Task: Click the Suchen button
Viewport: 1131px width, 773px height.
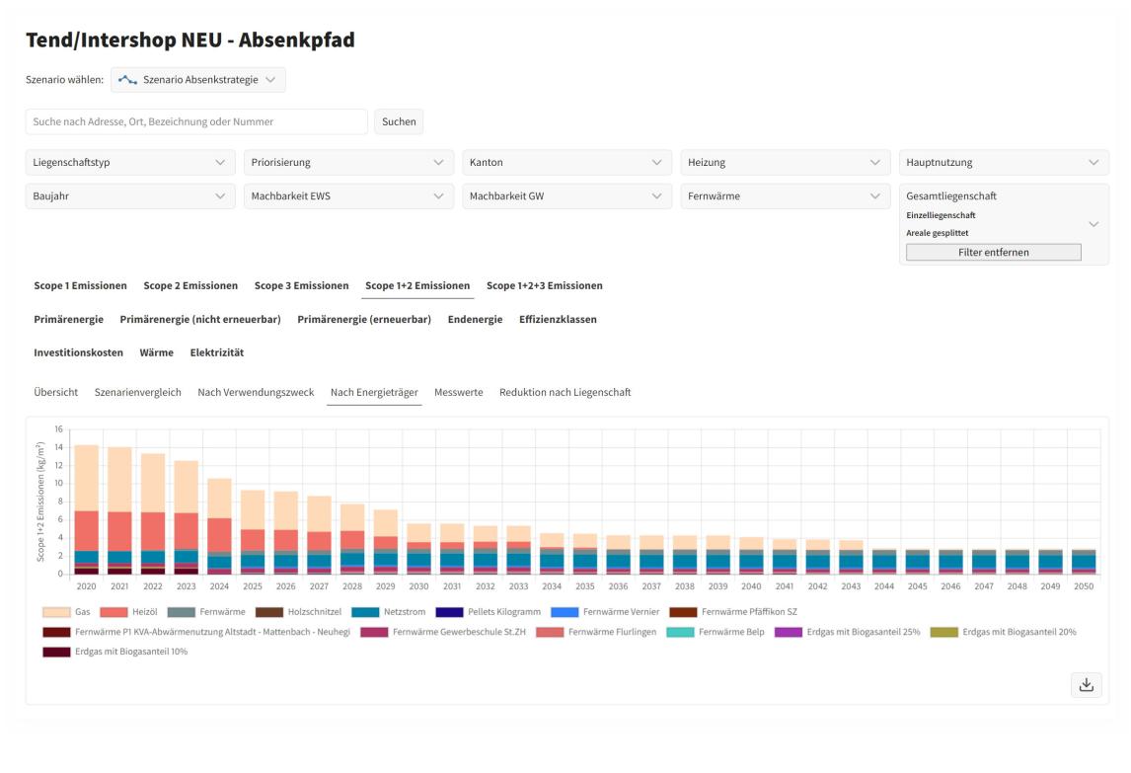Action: click(399, 122)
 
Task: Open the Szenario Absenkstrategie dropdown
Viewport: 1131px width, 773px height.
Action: click(198, 80)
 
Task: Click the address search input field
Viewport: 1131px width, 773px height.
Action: click(196, 122)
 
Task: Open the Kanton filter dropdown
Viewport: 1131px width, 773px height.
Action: click(566, 162)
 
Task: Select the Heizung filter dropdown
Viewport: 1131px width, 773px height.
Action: click(785, 162)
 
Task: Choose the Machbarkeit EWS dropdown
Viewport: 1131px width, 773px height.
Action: click(348, 196)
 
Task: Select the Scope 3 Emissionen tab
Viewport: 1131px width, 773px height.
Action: click(302, 286)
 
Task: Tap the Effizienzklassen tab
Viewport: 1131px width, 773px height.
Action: click(558, 319)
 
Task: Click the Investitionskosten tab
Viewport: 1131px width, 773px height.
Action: click(79, 353)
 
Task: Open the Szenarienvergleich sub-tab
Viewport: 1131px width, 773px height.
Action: click(138, 393)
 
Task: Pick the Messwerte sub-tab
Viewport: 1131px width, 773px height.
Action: click(459, 393)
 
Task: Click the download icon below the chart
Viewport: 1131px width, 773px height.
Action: click(1087, 685)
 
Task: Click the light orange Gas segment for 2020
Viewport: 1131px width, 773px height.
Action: click(87, 478)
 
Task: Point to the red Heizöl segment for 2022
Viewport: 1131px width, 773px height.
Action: click(153, 532)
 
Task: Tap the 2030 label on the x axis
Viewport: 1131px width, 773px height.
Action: click(418, 586)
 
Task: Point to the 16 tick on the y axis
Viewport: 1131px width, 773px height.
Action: click(58, 429)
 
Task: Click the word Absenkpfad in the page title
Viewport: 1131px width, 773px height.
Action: click(296, 39)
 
